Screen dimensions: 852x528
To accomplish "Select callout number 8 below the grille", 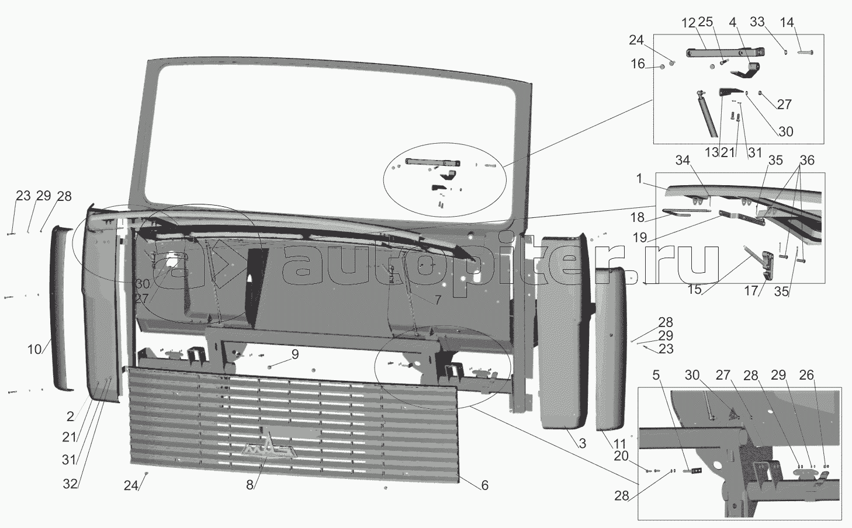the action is pos(250,485).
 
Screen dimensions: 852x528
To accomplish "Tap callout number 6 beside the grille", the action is pos(484,485).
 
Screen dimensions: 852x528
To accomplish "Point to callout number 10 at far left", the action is pos(34,349).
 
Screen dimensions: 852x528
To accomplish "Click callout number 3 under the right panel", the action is pos(583,444).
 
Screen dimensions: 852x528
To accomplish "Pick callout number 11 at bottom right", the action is pos(619,444).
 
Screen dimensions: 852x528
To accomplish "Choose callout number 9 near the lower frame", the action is pos(295,355).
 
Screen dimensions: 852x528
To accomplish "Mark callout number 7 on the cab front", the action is pos(438,300).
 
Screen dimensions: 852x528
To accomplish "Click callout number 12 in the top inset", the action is pos(688,23).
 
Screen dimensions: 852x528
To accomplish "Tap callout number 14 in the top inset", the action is pos(787,22).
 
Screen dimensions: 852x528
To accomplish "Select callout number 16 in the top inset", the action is pos(638,64).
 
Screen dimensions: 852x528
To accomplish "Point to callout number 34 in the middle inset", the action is pos(683,161).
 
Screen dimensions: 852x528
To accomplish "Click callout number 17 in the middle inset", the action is pos(751,291).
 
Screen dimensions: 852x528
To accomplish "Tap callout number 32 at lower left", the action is pos(70,484).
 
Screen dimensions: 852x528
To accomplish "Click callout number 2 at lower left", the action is pos(70,416).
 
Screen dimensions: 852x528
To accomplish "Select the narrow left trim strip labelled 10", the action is pos(61,308).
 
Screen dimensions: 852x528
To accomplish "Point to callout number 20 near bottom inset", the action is pos(621,456).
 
